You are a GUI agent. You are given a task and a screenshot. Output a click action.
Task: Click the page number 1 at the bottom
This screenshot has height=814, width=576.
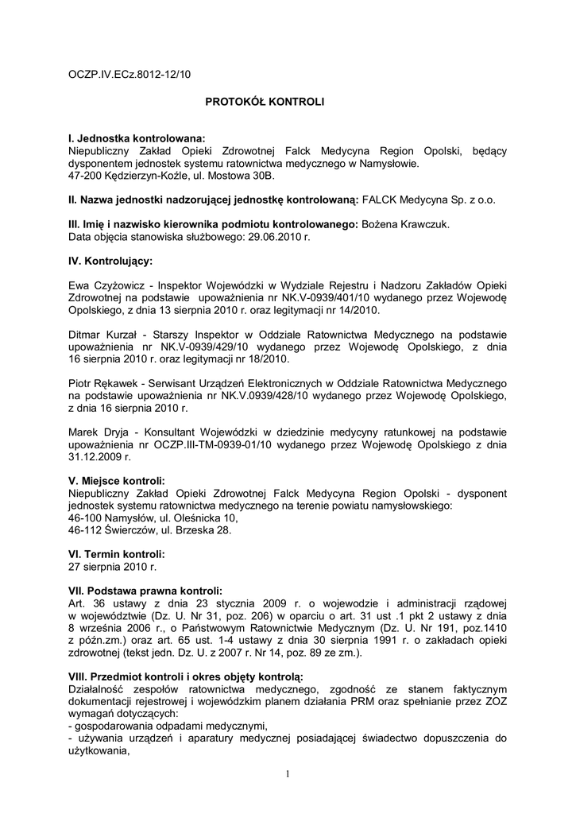tap(288, 773)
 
